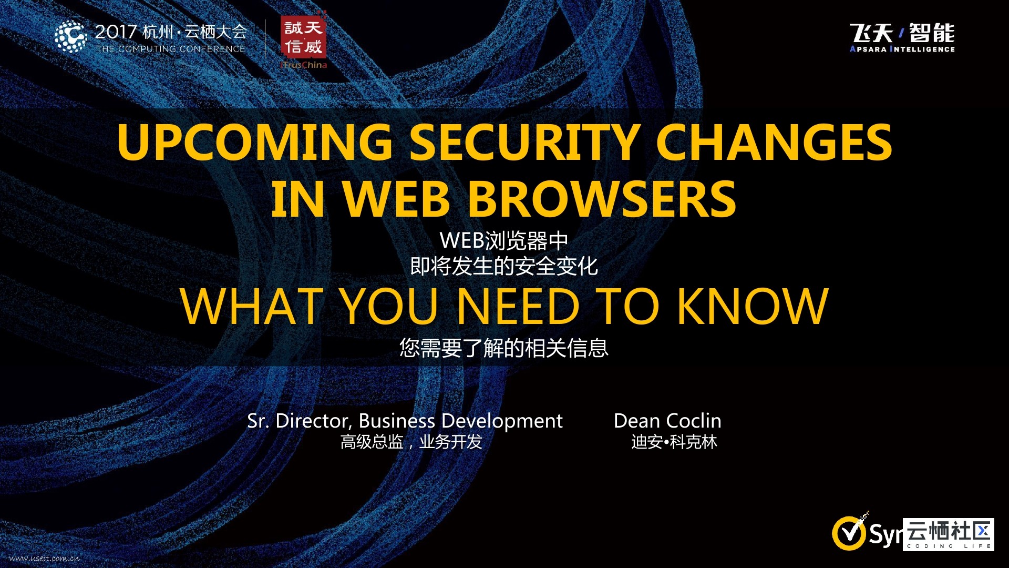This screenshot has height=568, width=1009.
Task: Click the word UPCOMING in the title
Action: click(255, 142)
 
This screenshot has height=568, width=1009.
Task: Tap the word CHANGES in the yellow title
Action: click(774, 142)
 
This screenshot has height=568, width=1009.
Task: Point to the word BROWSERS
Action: click(602, 199)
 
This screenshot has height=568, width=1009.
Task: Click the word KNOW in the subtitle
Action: click(753, 306)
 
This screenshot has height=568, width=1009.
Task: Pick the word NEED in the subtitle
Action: click(518, 306)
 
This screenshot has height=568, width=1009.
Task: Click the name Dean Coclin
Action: click(667, 421)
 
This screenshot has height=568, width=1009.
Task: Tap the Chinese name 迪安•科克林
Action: click(674, 442)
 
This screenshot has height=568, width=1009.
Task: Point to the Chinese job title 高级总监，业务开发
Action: click(411, 442)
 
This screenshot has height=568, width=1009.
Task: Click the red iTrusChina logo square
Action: click(304, 37)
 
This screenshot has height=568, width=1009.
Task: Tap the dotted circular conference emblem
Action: click(70, 36)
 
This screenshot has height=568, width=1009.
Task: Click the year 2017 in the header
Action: click(116, 32)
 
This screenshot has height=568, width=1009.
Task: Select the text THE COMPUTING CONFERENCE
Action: click(171, 49)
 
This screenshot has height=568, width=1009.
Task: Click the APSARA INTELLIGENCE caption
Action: click(902, 49)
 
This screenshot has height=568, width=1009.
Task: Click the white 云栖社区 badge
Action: click(949, 534)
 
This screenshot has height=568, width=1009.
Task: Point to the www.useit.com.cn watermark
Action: click(45, 558)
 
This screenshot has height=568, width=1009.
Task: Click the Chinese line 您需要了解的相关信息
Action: click(504, 348)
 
